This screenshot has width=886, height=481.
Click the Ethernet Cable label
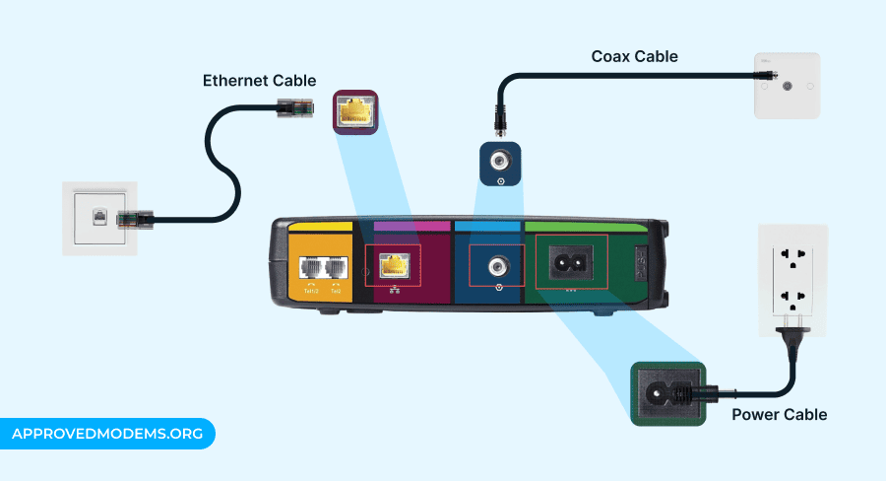click(x=259, y=80)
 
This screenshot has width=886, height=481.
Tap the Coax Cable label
click(x=634, y=56)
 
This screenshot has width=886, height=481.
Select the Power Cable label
click(x=779, y=414)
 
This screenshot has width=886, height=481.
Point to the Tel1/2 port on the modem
click(x=309, y=268)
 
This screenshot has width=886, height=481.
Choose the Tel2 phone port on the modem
click(x=336, y=268)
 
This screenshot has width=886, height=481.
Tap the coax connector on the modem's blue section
click(x=499, y=264)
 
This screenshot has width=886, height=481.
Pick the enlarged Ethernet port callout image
click(x=354, y=113)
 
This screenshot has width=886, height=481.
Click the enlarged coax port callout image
click(x=499, y=162)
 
